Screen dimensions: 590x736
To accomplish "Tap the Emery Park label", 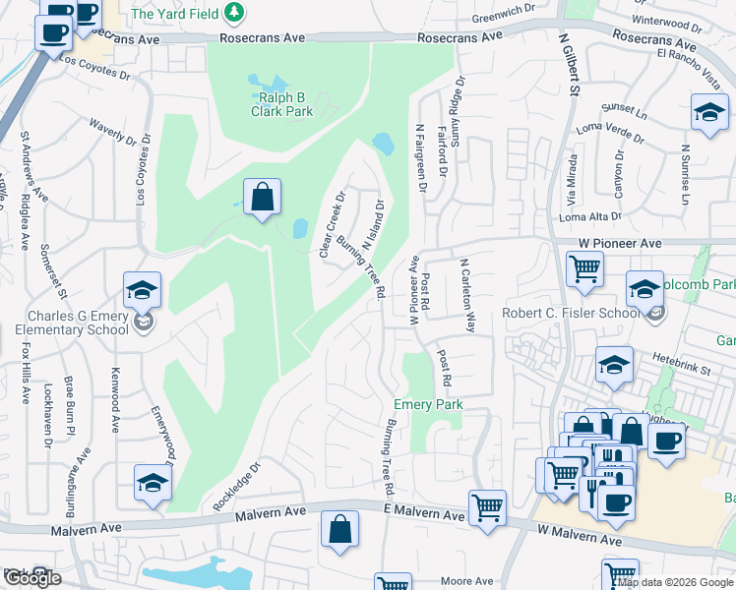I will [428, 404].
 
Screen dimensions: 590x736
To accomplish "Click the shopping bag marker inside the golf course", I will [263, 197].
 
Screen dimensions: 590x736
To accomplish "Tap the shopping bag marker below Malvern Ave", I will [339, 529].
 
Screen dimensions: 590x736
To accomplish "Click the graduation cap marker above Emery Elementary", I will [142, 290].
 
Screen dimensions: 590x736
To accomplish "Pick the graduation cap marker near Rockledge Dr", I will [153, 482].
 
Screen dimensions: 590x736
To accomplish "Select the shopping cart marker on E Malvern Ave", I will [487, 507].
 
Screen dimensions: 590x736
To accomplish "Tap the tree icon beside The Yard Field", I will [234, 13].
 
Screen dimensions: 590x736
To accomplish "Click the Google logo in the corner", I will [31, 578].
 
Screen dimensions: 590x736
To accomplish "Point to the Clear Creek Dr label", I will [332, 224].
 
